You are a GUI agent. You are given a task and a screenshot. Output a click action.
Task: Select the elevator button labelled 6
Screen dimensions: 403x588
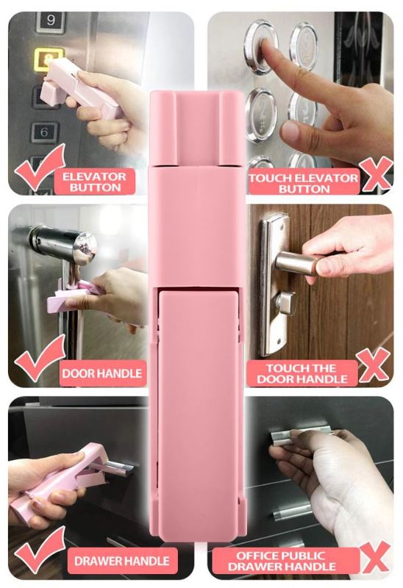click(45, 132)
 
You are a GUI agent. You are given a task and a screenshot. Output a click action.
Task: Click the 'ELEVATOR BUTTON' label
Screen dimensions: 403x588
click(95, 182)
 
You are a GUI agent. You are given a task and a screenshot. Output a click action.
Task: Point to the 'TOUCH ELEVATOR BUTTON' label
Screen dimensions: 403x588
click(303, 183)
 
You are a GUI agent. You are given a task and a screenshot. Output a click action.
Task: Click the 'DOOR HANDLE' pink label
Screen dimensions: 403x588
click(102, 373)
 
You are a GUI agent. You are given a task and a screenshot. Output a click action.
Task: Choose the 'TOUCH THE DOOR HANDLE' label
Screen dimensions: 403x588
click(302, 373)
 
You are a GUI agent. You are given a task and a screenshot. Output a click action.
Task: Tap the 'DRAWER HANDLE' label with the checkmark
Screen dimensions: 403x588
click(122, 561)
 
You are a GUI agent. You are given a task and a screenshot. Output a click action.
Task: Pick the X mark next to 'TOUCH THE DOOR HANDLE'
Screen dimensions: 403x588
click(373, 365)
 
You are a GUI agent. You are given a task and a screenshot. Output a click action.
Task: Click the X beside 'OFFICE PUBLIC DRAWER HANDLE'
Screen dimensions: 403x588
click(374, 556)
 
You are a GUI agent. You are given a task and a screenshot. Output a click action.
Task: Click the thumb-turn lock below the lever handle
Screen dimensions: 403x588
click(285, 303)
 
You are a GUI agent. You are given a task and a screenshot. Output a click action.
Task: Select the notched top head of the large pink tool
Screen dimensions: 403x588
click(197, 128)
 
